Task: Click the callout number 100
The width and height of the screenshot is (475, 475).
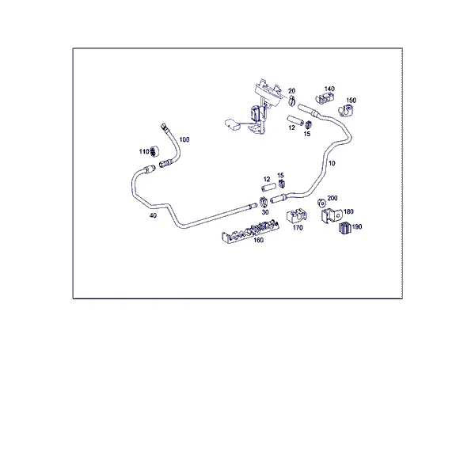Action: (x=184, y=139)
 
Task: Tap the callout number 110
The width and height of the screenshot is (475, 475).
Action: (x=144, y=151)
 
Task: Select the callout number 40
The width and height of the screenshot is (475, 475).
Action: (x=154, y=215)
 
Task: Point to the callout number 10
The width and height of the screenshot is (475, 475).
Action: (x=332, y=163)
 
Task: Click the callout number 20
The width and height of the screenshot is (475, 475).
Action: (x=291, y=91)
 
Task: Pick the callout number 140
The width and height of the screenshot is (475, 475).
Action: (x=329, y=89)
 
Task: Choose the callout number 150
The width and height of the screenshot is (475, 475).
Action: (x=351, y=101)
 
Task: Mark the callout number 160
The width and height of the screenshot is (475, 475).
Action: (x=258, y=240)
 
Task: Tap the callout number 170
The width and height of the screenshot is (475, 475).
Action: (x=298, y=227)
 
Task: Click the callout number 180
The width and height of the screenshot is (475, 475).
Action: (x=348, y=211)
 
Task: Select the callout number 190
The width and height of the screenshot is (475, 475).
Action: (x=357, y=226)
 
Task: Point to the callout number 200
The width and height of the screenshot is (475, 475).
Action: (x=332, y=198)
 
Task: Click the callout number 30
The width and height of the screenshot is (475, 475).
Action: (x=265, y=212)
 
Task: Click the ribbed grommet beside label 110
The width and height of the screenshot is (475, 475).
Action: (x=154, y=151)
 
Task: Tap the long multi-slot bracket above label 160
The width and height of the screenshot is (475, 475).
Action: (x=250, y=230)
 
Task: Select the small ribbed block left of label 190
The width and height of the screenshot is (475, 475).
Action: (x=344, y=228)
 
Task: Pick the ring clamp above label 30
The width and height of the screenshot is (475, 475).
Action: (x=264, y=201)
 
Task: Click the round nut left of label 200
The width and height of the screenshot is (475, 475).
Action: (x=321, y=203)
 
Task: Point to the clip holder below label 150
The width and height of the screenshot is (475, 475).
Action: (x=345, y=111)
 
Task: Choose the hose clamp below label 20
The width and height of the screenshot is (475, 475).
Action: (x=291, y=101)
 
